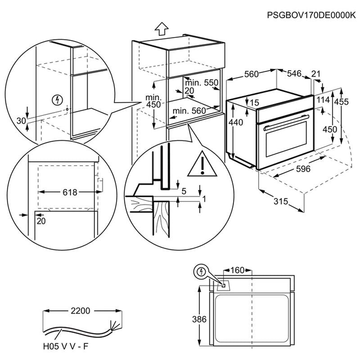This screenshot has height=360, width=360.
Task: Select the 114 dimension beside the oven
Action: tap(323, 100)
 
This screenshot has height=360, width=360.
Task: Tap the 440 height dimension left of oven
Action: tap(236, 122)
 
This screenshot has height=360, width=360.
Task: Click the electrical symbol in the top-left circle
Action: tap(56, 99)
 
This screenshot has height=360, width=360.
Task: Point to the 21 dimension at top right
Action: tap(316, 73)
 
